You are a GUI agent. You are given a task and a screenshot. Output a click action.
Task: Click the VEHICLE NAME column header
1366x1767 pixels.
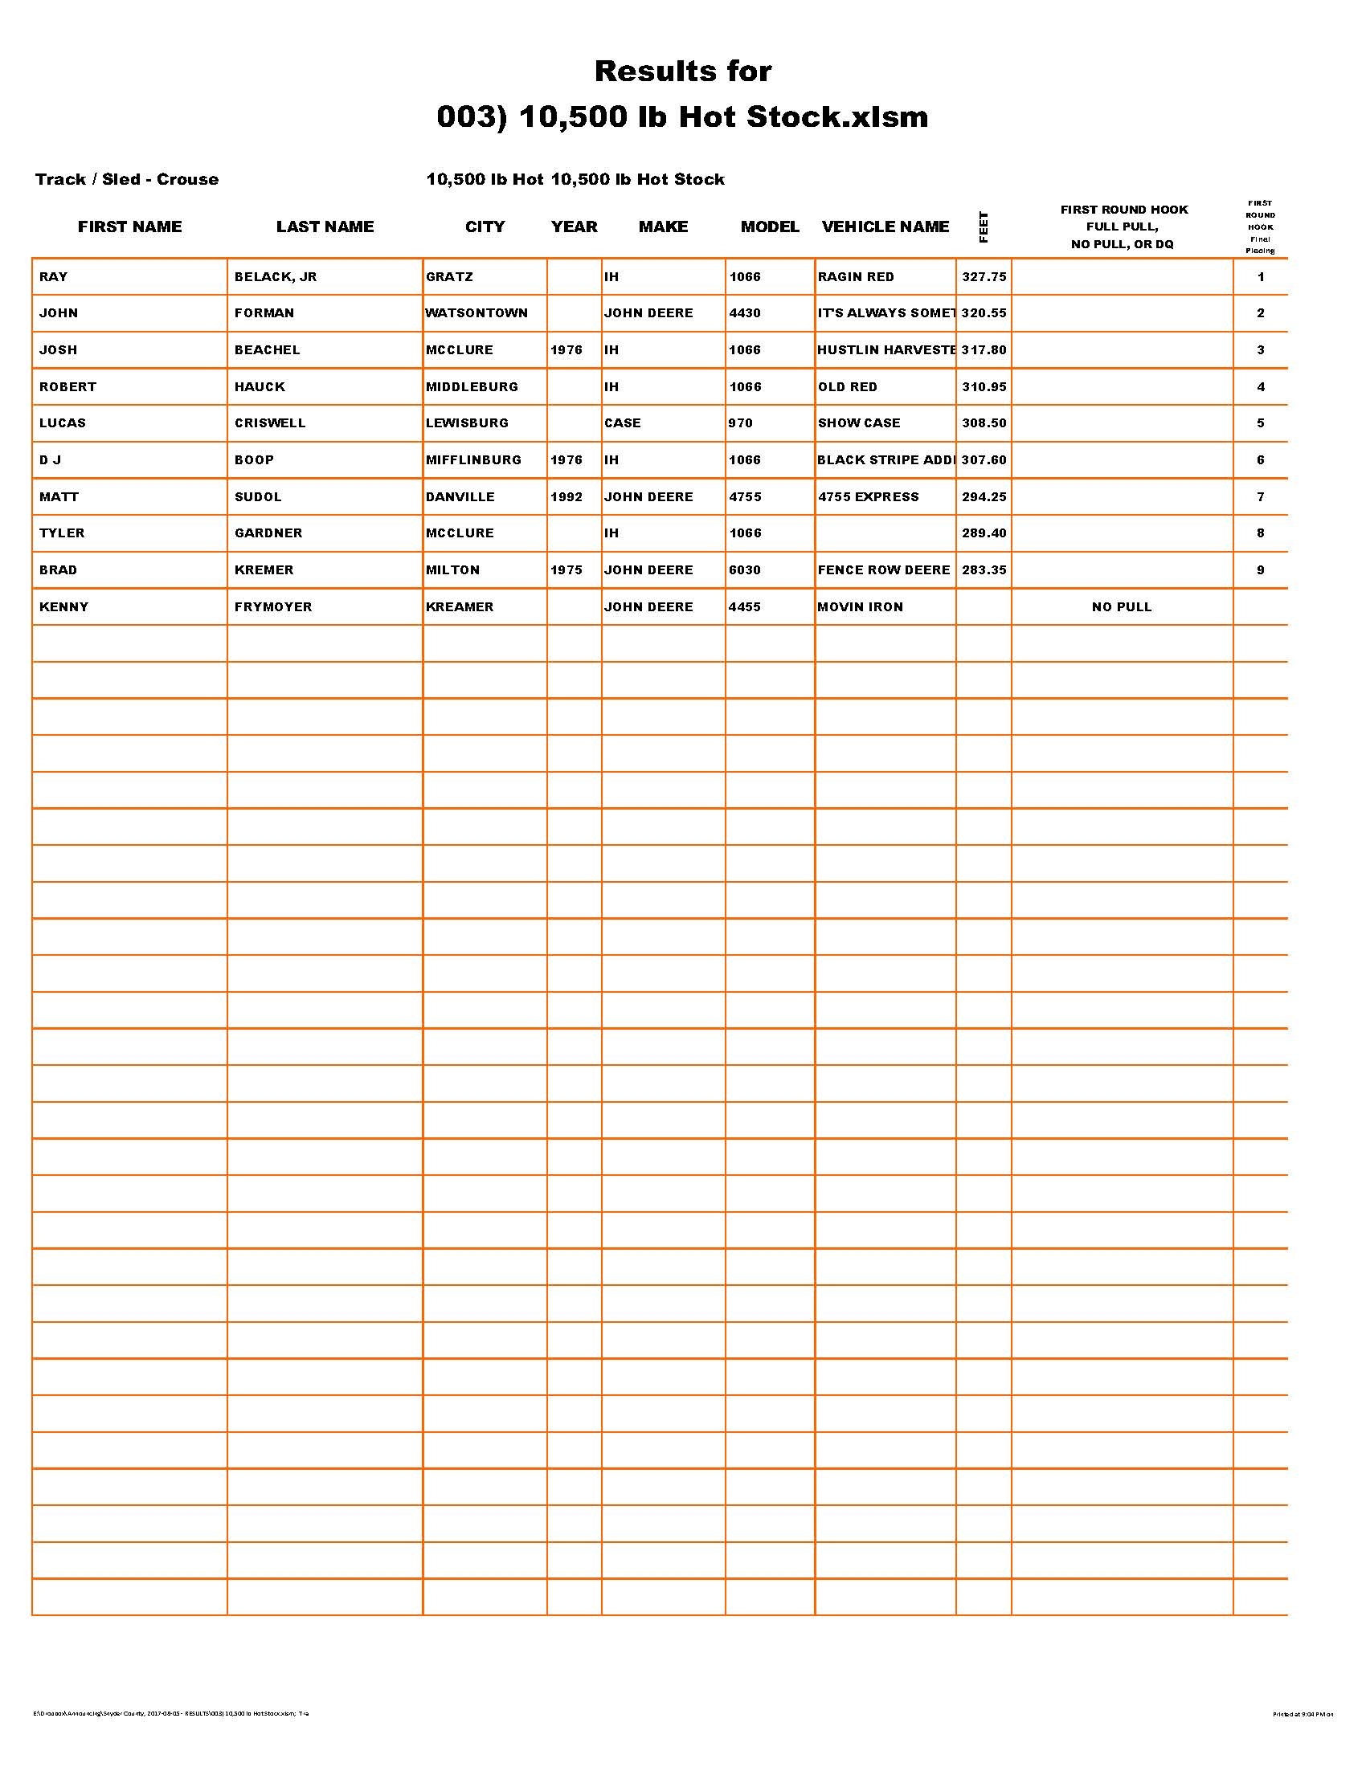885,226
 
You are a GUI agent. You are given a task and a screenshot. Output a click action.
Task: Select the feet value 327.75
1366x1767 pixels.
984,277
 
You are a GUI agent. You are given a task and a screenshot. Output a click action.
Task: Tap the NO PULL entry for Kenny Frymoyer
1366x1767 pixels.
1122,606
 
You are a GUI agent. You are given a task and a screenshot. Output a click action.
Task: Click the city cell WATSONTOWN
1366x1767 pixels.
476,313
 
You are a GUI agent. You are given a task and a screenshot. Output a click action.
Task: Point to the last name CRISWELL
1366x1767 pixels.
270,423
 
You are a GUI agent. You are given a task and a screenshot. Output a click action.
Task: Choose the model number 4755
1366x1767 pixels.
746,496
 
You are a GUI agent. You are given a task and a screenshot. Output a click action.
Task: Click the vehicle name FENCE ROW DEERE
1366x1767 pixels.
884,570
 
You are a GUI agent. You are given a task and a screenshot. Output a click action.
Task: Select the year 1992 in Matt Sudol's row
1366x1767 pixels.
566,496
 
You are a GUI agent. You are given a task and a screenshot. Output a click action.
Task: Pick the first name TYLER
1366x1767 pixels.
63,533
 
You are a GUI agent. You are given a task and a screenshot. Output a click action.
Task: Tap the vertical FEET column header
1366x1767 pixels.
984,226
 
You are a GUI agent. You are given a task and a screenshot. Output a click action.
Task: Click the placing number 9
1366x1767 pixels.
1261,570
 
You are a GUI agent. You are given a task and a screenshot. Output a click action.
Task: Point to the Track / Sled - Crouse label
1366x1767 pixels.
127,180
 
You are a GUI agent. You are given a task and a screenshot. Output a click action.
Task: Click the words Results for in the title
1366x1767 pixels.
683,71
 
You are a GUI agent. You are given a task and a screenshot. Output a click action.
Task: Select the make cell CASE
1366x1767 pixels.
622,423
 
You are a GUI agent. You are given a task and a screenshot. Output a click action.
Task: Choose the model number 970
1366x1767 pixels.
741,423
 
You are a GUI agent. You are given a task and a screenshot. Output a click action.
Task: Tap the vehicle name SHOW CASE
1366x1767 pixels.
859,423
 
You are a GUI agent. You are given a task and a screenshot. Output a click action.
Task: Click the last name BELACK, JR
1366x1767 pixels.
275,277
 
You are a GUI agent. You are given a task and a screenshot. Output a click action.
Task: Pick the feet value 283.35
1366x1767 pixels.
984,570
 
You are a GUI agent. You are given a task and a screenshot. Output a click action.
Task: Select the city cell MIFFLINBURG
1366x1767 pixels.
473,460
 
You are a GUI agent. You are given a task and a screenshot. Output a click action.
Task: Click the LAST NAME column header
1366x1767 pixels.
325,226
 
